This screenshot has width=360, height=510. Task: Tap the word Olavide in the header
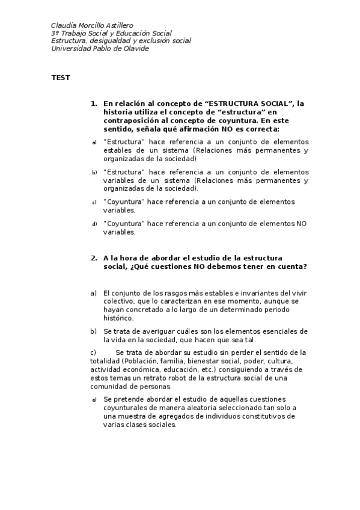135,49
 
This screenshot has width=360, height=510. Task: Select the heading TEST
61,78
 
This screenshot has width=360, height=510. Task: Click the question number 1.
94,103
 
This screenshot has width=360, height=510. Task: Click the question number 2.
94,258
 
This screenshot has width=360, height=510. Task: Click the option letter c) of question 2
93,352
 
